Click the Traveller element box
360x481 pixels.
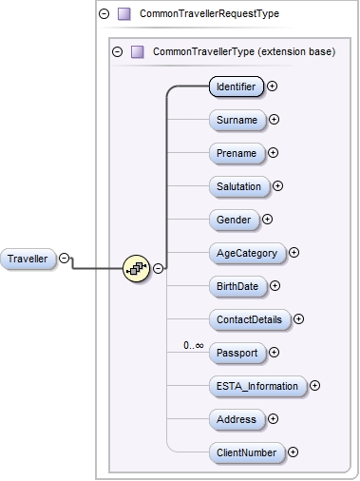pyautogui.click(x=28, y=259)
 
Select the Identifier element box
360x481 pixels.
pyautogui.click(x=236, y=87)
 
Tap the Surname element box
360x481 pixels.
pyautogui.click(x=236, y=120)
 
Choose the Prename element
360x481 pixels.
pyautogui.click(x=236, y=152)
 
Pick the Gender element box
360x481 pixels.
pyautogui.click(x=234, y=220)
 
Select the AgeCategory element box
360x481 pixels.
pyautogui.click(x=247, y=253)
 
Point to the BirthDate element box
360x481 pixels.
pyautogui.click(x=237, y=285)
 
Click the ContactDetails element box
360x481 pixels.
pyautogui.click(x=250, y=319)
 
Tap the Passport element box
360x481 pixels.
pyautogui.click(x=237, y=353)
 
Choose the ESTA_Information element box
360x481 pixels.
pyautogui.click(x=257, y=386)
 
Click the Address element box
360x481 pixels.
pyautogui.click(x=237, y=419)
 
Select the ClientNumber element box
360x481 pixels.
pyautogui.click(x=246, y=452)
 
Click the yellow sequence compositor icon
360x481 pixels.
pyautogui.click(x=137, y=269)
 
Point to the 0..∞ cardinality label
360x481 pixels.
pyautogui.click(x=194, y=345)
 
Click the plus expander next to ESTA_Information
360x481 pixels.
pyautogui.click(x=314, y=386)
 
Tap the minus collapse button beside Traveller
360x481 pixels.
pyautogui.click(x=65, y=258)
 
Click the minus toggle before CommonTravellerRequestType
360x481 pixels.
pyautogui.click(x=104, y=14)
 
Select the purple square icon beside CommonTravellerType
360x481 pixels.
pyautogui.click(x=136, y=51)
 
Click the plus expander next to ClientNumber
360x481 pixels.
pyautogui.click(x=293, y=452)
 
